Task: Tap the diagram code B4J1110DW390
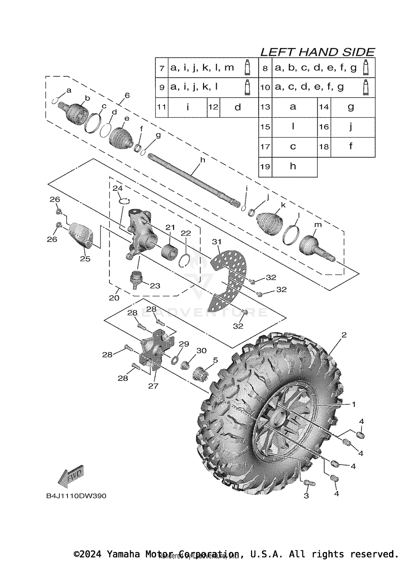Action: pyautogui.click(x=76, y=496)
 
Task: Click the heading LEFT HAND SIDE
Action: pyautogui.click(x=317, y=52)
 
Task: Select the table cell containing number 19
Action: pyautogui.click(x=265, y=167)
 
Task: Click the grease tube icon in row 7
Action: pyautogui.click(x=247, y=67)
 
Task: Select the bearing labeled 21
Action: pyautogui.click(x=169, y=251)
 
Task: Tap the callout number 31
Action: pyautogui.click(x=217, y=242)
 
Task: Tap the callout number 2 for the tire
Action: pyautogui.click(x=344, y=335)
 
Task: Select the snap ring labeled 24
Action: pyautogui.click(x=124, y=201)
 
